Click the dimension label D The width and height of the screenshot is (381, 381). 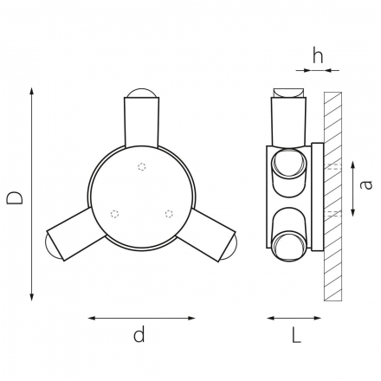15,197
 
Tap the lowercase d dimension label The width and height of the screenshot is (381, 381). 139,334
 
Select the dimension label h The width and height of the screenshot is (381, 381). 318,55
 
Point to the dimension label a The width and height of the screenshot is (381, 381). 366,184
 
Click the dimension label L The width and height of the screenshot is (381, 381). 296,335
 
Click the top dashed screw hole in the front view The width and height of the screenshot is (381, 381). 142,167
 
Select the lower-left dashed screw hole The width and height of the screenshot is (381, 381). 114,214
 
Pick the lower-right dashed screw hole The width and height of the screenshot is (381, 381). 169,214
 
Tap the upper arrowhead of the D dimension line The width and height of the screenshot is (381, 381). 32,91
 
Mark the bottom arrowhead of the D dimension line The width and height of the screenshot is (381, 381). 32,297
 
